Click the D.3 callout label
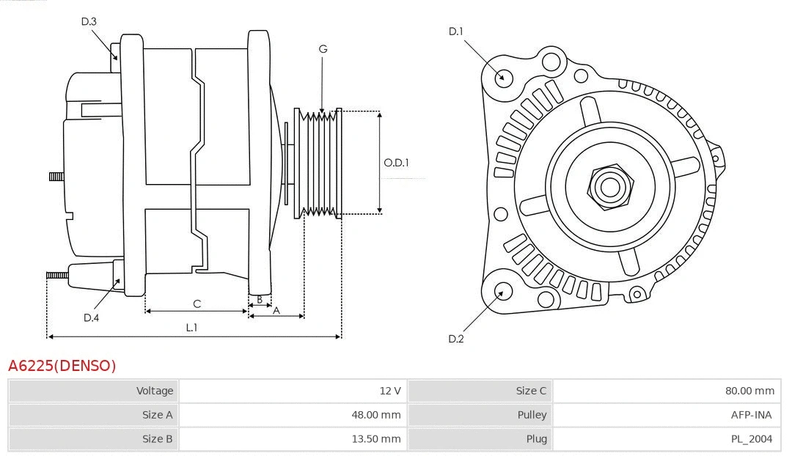pos(89,21)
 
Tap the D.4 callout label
pos(91,317)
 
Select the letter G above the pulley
pos(323,49)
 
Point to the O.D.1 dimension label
pos(397,163)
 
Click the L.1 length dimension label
pos(191,328)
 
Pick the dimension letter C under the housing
pos(197,304)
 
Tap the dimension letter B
pos(260,299)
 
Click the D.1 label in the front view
pos(456,31)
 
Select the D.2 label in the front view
pos(456,339)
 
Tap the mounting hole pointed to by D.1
pos(503,76)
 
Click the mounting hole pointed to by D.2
pos(502,293)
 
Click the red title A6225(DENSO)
pos(62,365)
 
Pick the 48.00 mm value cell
pos(375,415)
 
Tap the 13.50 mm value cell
pos(375,439)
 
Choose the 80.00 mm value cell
pos(749,391)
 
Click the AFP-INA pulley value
pos(752,415)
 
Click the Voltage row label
pos(155,391)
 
